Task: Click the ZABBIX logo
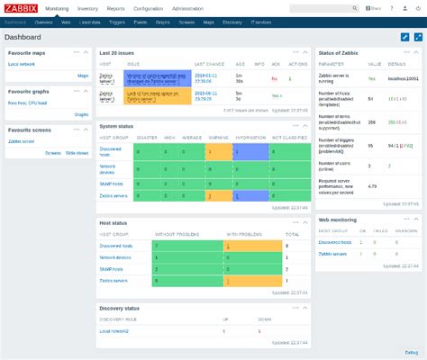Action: click(20, 8)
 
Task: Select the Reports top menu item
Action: click(115, 8)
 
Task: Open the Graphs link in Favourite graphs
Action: click(81, 114)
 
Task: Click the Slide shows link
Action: click(77, 153)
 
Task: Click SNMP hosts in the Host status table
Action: click(114, 269)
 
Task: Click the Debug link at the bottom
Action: click(411, 352)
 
